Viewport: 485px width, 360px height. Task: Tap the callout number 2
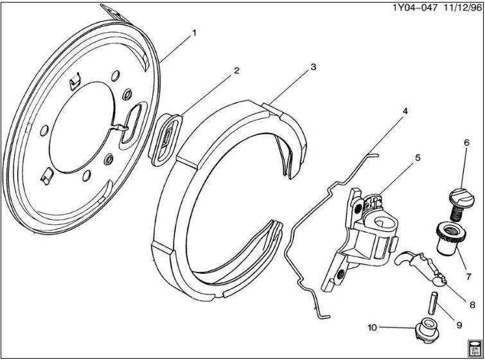click(x=236, y=71)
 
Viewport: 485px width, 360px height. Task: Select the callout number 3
click(x=313, y=67)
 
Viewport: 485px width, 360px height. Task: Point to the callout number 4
click(x=405, y=111)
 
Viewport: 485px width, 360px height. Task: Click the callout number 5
click(x=417, y=156)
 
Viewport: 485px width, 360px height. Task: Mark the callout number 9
click(x=459, y=325)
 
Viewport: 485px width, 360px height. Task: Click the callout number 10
click(x=373, y=327)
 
